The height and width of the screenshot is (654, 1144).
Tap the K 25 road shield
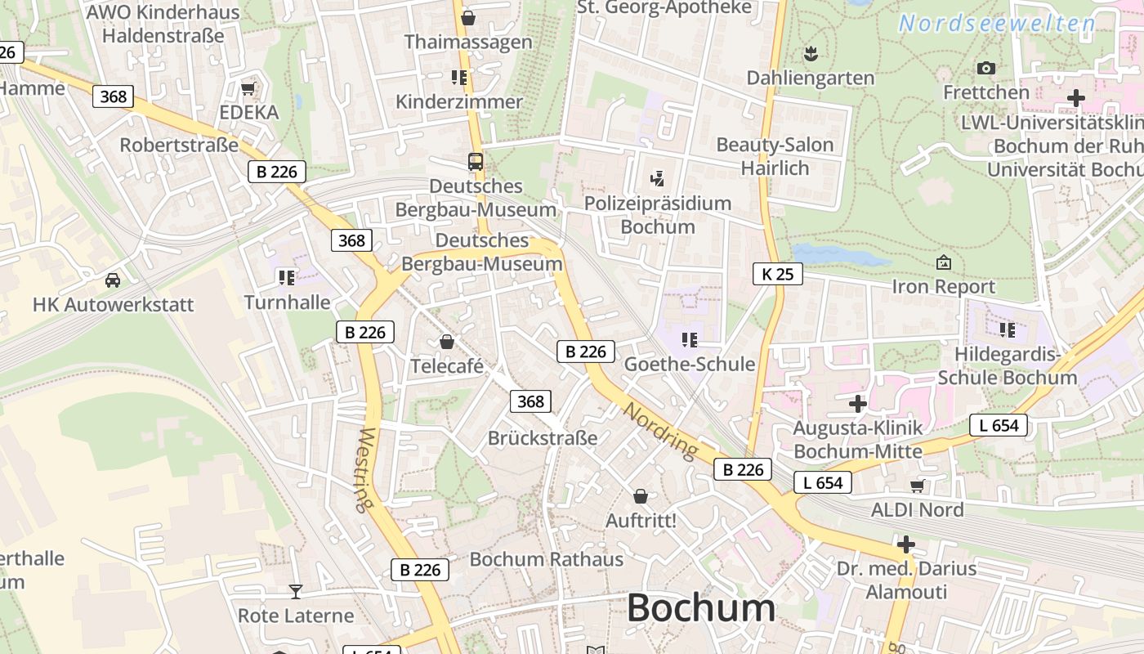tap(777, 274)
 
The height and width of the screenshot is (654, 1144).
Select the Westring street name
tap(364, 469)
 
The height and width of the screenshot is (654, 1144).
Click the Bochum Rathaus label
tap(546, 560)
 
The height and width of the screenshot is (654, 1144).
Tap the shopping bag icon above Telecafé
tap(446, 342)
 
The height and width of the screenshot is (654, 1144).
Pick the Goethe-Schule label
tap(689, 364)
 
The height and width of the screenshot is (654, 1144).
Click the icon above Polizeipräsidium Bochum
tap(657, 178)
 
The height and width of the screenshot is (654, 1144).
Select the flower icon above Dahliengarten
tap(811, 54)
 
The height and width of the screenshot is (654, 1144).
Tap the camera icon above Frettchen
tap(986, 68)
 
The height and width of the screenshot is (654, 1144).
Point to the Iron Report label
tap(944, 287)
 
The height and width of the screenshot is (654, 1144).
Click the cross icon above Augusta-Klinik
tap(857, 403)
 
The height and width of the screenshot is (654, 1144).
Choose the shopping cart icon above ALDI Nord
tap(917, 486)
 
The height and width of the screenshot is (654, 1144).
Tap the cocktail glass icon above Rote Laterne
tap(295, 591)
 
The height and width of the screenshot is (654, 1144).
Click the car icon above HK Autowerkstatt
tap(113, 280)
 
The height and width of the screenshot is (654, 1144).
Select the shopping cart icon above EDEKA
tap(248, 88)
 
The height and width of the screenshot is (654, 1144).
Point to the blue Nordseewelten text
tap(997, 24)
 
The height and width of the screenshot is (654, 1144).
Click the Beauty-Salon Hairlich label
tap(775, 156)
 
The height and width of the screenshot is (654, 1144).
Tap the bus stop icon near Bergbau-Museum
tap(476, 161)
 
